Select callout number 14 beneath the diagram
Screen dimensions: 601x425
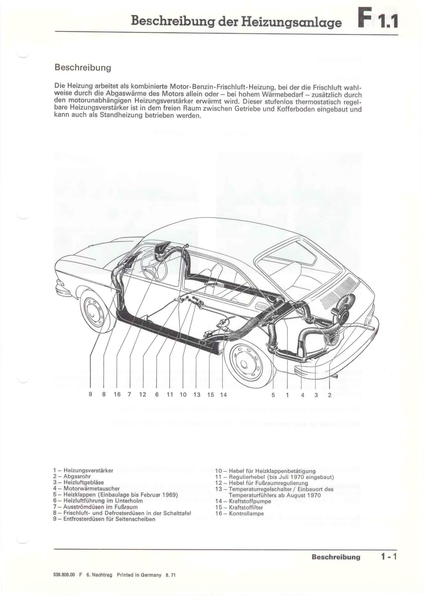pyautogui.click(x=223, y=395)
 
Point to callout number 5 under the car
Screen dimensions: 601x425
pyautogui.click(x=273, y=395)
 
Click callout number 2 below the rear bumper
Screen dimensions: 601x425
pyautogui.click(x=329, y=395)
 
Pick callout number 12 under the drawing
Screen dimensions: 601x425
pyautogui.click(x=143, y=394)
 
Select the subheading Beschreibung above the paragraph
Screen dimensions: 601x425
pyautogui.click(x=83, y=68)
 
